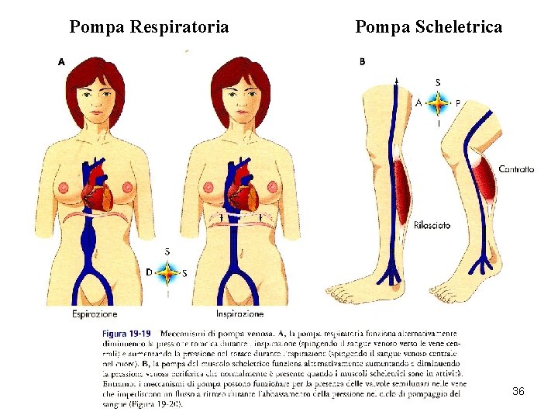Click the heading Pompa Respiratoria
tap(149, 27)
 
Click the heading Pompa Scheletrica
tap(428, 27)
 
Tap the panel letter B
tap(362, 61)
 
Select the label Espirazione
tap(95, 314)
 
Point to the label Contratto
tap(516, 169)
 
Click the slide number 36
tap(518, 392)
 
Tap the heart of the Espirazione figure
tap(99, 191)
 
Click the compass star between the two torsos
tap(167, 272)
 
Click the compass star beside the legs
tap(438, 102)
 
